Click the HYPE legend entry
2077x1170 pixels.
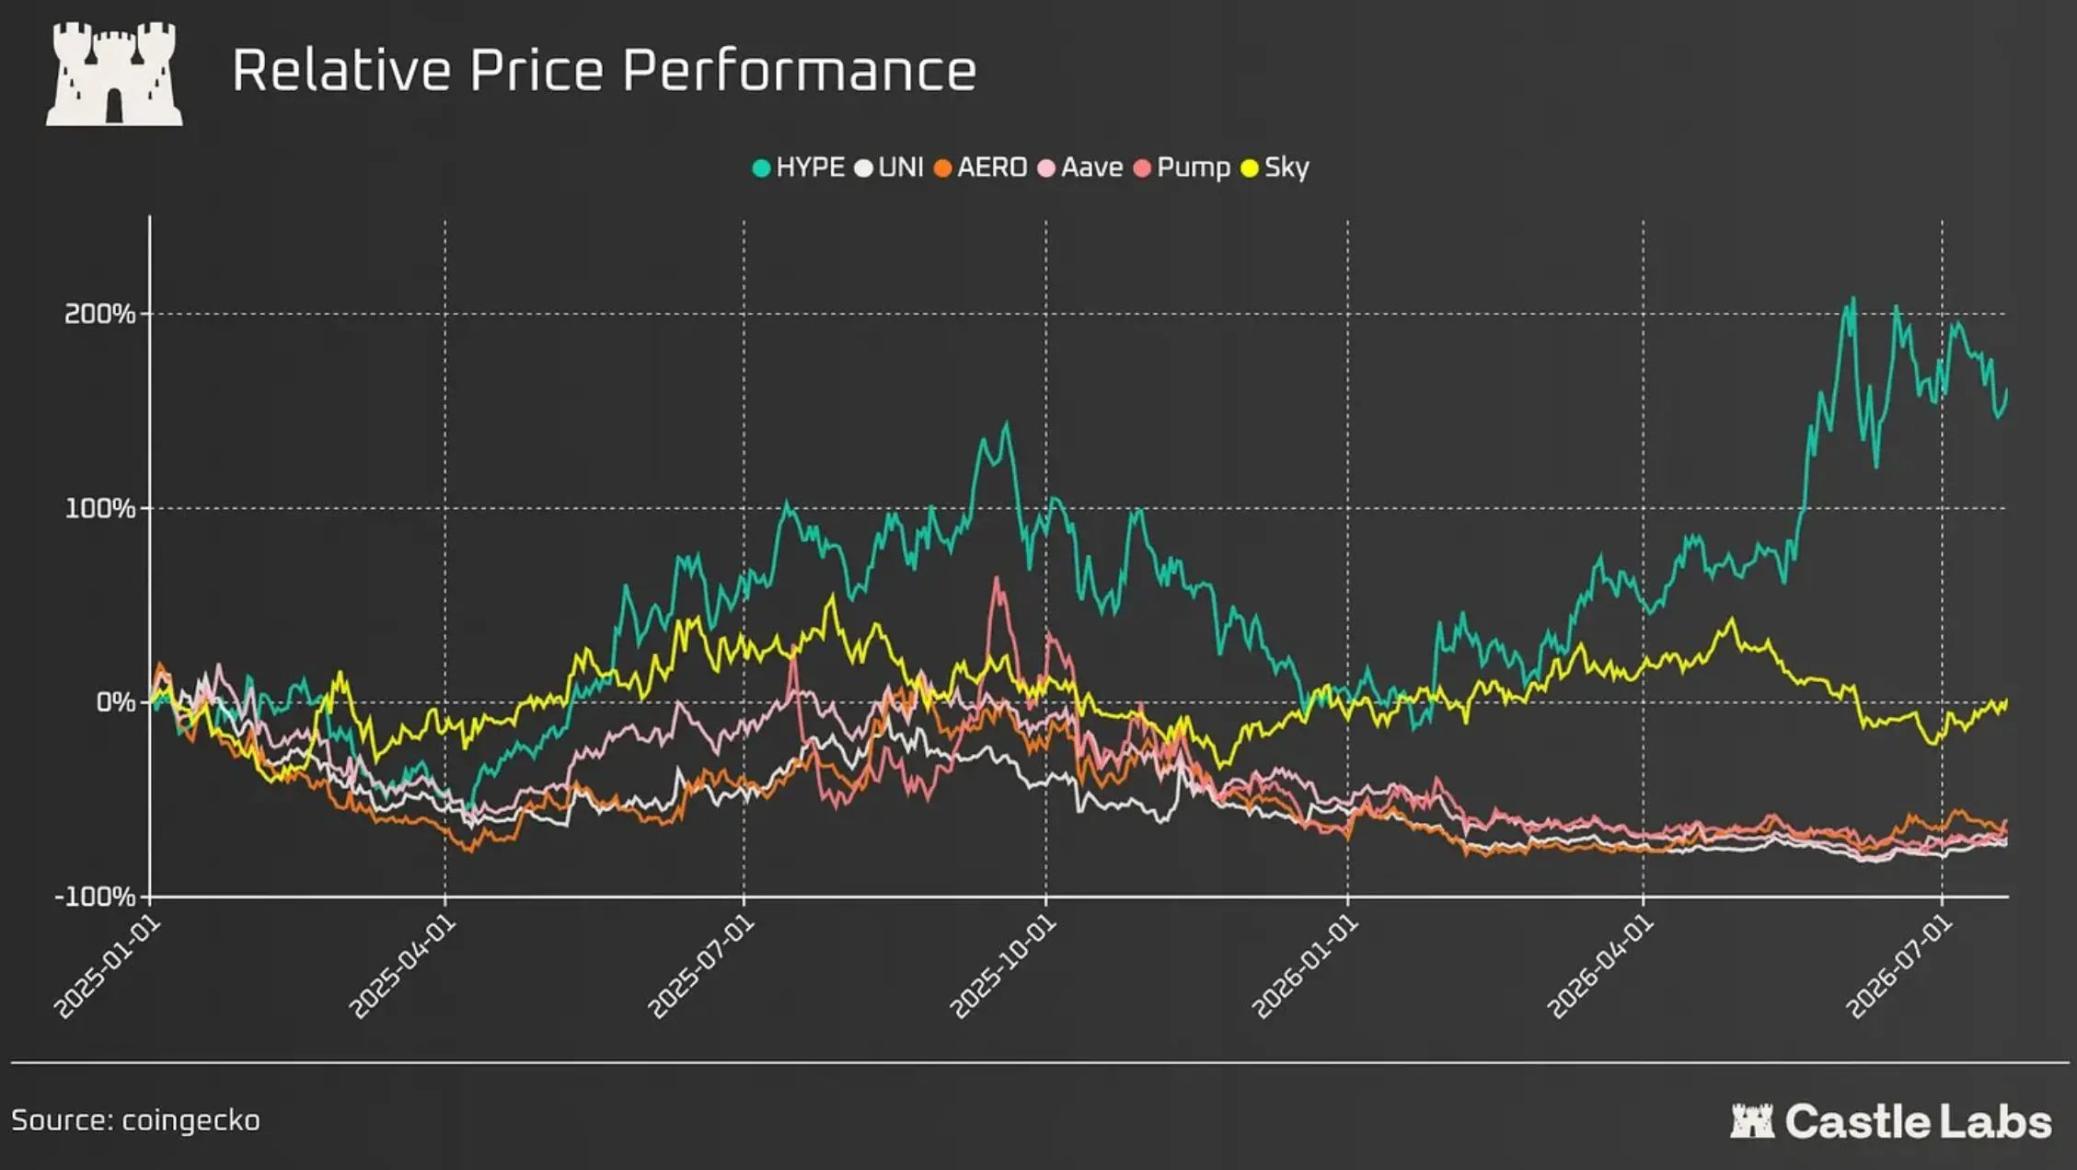[799, 168]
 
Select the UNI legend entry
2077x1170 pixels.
[889, 168]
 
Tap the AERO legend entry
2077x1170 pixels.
[980, 168]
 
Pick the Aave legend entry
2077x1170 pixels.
[1080, 168]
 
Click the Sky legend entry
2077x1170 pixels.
[1275, 168]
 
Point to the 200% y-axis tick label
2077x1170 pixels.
[99, 314]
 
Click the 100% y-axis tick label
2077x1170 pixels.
[99, 508]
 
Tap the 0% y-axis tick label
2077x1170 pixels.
[116, 702]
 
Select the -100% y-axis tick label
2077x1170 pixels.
[95, 897]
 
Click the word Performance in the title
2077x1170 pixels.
[799, 71]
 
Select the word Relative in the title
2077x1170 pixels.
[341, 70]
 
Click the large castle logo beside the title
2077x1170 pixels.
[114, 74]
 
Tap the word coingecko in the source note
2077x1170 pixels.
[190, 1121]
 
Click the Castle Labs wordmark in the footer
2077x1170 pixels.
[1890, 1121]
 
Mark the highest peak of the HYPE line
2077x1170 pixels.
[1852, 298]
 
